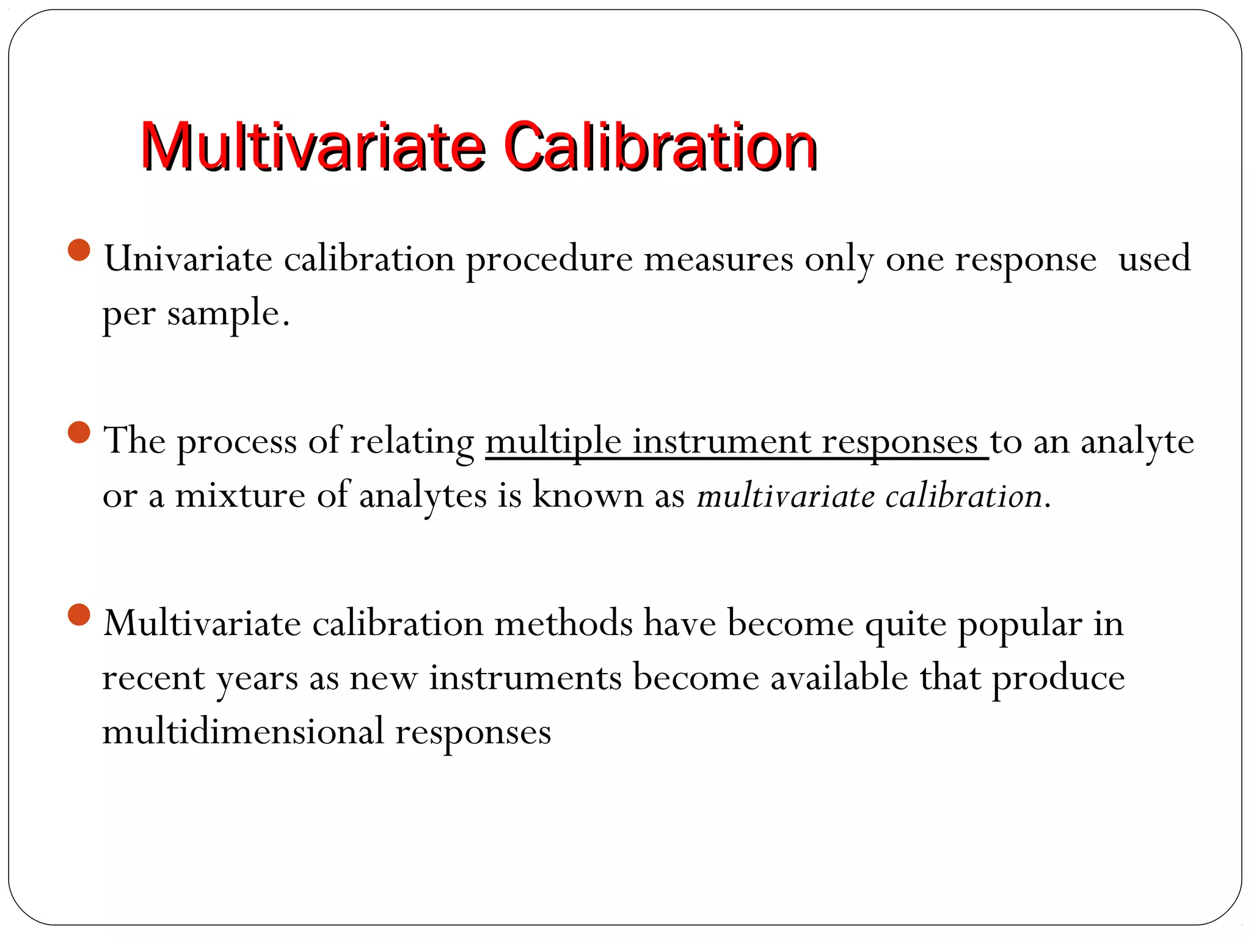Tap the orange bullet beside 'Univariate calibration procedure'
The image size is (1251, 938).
[x=79, y=250]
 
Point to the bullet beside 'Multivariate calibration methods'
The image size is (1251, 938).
[x=79, y=614]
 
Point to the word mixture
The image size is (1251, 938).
[x=240, y=495]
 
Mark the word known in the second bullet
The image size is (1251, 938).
[x=588, y=495]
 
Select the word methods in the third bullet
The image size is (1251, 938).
[x=563, y=624]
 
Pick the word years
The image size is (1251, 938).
[x=257, y=679]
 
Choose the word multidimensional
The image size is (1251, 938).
[x=243, y=732]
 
